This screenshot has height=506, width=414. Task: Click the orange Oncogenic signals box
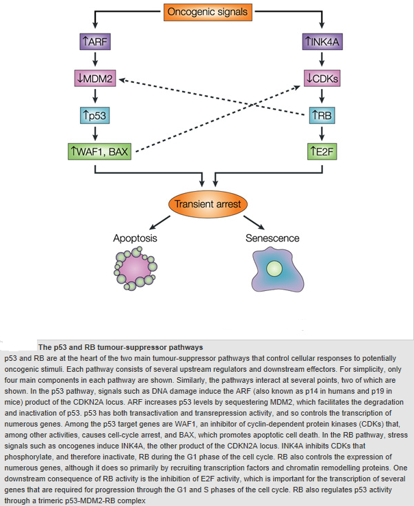207,12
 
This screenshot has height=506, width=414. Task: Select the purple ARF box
95,42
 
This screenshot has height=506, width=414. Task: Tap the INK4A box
322,42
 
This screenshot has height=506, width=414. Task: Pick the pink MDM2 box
95,79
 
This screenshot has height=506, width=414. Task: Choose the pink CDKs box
322,79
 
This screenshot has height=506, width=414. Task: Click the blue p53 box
95,115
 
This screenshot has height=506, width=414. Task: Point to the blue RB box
322,115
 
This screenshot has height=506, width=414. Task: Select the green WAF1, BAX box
100,152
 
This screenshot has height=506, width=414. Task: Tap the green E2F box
322,152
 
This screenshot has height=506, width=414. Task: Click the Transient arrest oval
208,204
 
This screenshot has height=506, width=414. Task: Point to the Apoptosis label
135,238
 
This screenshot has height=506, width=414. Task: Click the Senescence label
272,238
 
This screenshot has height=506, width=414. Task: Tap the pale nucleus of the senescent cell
274,269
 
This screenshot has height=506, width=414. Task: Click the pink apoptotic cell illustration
135,269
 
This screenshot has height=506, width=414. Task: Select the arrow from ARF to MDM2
95,60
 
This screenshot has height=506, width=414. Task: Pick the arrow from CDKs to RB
322,96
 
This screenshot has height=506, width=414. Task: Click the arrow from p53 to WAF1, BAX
95,133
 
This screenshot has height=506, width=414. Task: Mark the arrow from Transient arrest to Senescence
254,223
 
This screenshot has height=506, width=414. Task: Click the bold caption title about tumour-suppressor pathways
120,348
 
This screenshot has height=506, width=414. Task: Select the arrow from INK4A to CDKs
322,60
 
